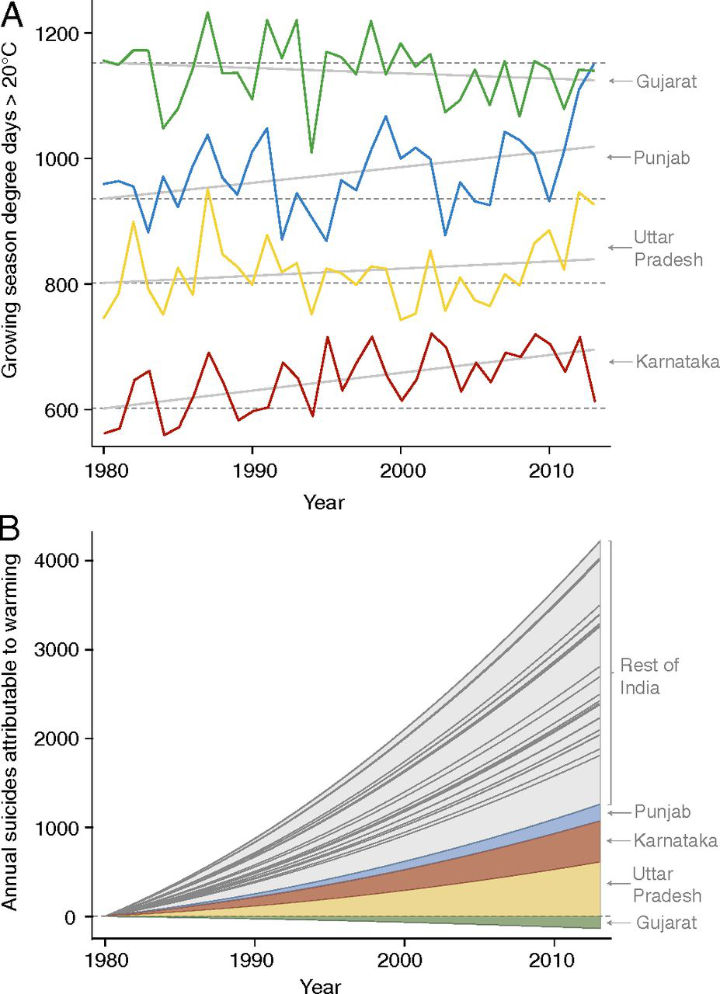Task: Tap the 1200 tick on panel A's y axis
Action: (x=63, y=33)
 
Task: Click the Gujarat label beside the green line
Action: (x=666, y=81)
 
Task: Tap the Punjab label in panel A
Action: (x=662, y=157)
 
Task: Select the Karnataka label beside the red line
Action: (x=677, y=361)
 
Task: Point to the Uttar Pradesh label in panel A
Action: (x=669, y=248)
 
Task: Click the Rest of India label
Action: (x=649, y=676)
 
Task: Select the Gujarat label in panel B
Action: (x=666, y=923)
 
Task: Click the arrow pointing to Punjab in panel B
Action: (x=619, y=813)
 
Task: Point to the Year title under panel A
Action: (x=323, y=502)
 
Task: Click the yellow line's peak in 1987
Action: (x=207, y=189)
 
